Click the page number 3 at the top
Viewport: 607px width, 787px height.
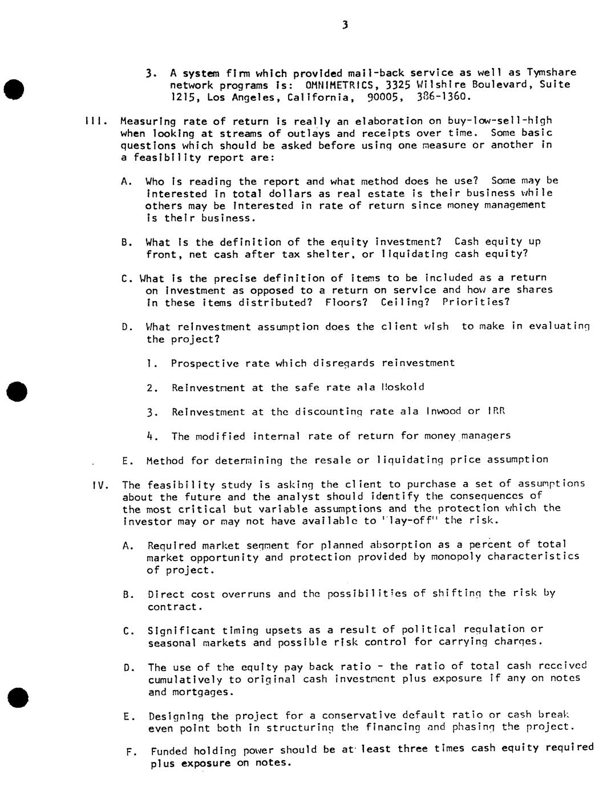[x=345, y=25]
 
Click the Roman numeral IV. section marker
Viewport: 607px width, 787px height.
[x=100, y=485]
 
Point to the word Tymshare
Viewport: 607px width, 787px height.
[x=551, y=72]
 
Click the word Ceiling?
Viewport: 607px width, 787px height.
[x=405, y=302]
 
